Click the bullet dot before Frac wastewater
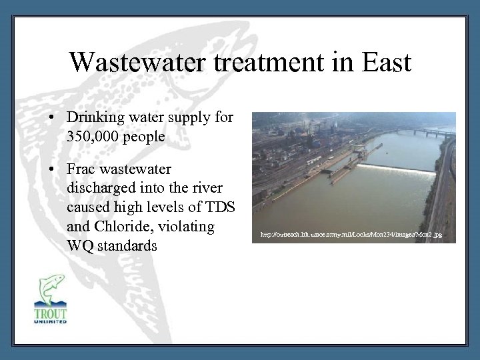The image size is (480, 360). point(52,167)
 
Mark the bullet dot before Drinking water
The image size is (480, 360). point(52,117)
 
